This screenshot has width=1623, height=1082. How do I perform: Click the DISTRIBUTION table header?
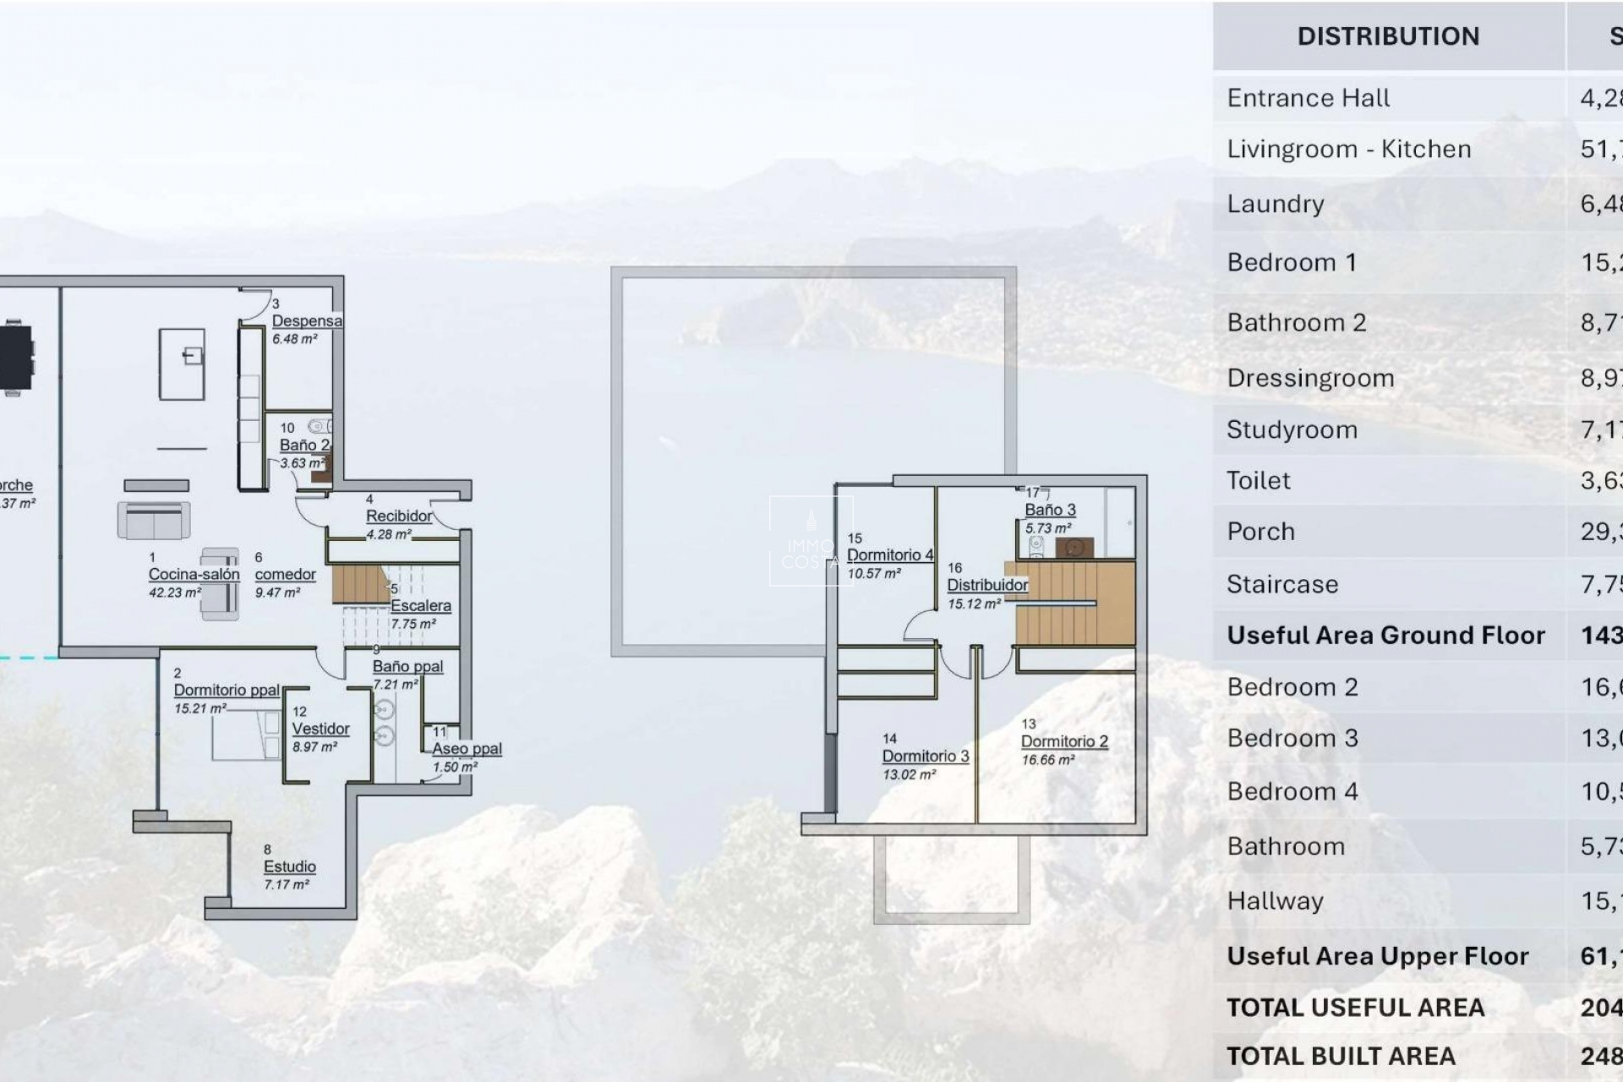pyautogui.click(x=1388, y=36)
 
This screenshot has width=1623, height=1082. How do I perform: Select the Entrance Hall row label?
pyautogui.click(x=1308, y=98)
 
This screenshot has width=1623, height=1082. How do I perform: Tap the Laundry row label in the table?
pyautogui.click(x=1275, y=204)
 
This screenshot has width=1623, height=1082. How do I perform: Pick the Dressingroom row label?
pyautogui.click(x=1310, y=378)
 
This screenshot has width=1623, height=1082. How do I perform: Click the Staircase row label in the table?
pyautogui.click(x=1282, y=584)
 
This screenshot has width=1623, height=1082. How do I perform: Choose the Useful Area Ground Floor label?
pyautogui.click(x=1385, y=635)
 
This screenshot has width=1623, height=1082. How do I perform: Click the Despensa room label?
pyautogui.click(x=307, y=321)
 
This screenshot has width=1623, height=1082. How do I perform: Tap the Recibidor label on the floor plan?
pyautogui.click(x=399, y=516)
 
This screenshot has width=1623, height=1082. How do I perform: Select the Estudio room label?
pyautogui.click(x=289, y=866)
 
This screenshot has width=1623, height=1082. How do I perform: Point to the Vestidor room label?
pyautogui.click(x=320, y=729)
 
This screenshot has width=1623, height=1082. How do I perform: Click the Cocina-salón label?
pyautogui.click(x=194, y=575)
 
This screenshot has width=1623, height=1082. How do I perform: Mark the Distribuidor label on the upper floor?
pyautogui.click(x=987, y=585)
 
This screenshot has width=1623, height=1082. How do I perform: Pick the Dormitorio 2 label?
pyautogui.click(x=1064, y=741)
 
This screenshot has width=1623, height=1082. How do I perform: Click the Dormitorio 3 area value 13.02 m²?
pyautogui.click(x=909, y=774)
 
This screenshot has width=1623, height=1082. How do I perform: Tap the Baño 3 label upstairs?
pyautogui.click(x=1050, y=510)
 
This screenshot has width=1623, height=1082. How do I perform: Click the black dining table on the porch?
pyautogui.click(x=15, y=357)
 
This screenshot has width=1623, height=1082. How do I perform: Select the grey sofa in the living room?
pyautogui.click(x=154, y=520)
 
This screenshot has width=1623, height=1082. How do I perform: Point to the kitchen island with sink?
pyautogui.click(x=182, y=364)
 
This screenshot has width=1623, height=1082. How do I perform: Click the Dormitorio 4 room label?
pyautogui.click(x=889, y=555)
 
